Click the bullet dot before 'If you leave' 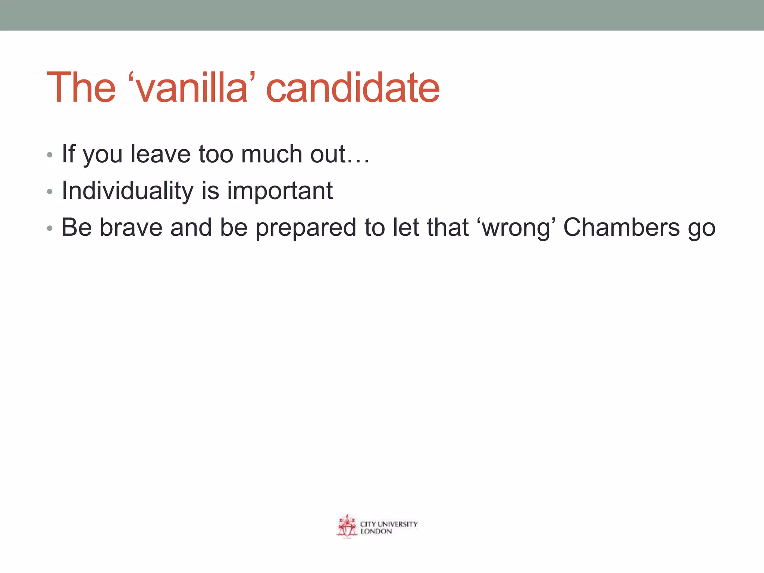50,155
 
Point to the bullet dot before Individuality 50,192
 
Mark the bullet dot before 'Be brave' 50,228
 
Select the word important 280,191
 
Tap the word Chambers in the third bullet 621,228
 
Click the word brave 131,228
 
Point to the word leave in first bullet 160,154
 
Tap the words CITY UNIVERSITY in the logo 389,524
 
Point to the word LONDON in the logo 376,532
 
